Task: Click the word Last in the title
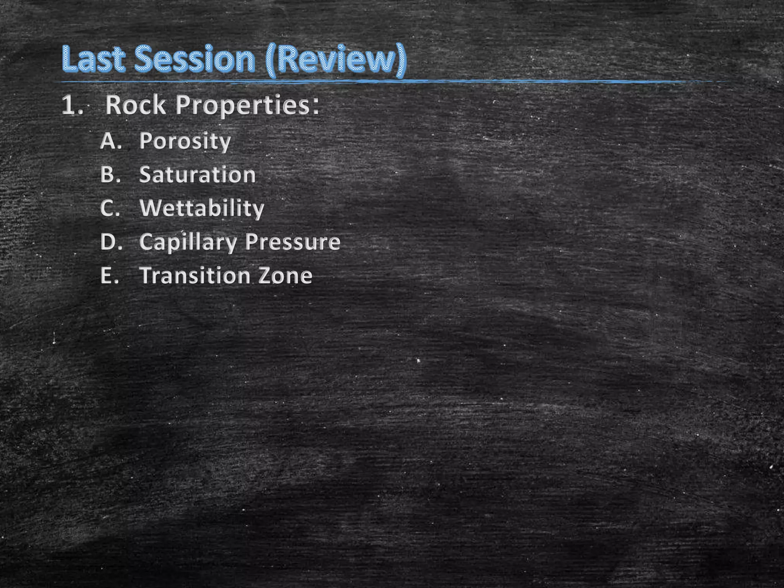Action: pos(93,59)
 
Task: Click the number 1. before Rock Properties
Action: pos(72,105)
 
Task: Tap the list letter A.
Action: pos(110,141)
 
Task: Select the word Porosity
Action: pos(185,142)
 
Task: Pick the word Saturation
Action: pos(197,175)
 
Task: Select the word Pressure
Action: pos(293,242)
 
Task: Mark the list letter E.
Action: pos(109,276)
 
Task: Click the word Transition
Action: pos(194,276)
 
